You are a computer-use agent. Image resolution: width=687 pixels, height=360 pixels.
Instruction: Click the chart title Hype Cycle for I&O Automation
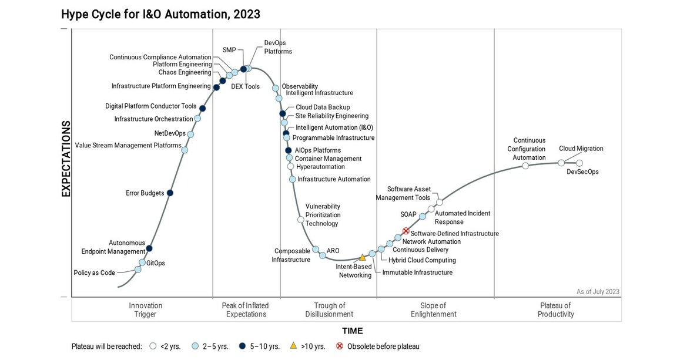tap(160, 14)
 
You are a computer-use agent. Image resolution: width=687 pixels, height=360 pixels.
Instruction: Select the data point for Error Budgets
tap(170, 193)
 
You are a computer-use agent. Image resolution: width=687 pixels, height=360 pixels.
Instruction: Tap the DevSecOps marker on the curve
tap(579, 163)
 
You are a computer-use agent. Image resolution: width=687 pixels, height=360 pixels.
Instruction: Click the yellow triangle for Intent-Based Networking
tap(363, 257)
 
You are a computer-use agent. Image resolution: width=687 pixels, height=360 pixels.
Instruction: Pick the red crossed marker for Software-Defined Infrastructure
tap(406, 231)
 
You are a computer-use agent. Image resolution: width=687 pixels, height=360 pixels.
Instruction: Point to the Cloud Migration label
tap(581, 149)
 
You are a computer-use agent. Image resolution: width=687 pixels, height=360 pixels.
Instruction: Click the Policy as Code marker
tap(138, 270)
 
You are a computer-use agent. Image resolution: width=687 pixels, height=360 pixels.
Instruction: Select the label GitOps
tap(156, 263)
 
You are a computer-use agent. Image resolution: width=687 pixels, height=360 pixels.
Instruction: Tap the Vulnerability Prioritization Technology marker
tap(301, 220)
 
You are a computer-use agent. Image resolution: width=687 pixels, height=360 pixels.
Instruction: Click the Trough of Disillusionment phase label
tap(329, 309)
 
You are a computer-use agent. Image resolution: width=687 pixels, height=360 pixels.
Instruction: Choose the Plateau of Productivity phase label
tap(555, 309)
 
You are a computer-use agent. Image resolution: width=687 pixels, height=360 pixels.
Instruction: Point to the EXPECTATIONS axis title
tap(66, 159)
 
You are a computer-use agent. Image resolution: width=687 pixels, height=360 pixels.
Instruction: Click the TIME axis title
tap(352, 331)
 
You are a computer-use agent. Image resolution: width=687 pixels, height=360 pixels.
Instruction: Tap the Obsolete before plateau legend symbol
tap(339, 346)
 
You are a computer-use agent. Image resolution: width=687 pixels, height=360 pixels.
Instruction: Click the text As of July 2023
tap(598, 291)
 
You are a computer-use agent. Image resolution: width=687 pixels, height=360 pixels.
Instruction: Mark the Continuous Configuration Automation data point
tap(525, 166)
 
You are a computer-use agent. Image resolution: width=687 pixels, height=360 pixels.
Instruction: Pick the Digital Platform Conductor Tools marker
tap(203, 108)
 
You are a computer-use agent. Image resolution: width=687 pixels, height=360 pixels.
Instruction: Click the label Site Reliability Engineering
tap(332, 116)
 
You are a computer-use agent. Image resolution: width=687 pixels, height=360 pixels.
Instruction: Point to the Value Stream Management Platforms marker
tap(185, 150)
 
